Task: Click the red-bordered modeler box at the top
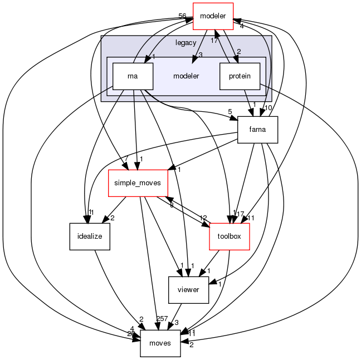click(x=213, y=16)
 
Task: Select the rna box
click(x=133, y=76)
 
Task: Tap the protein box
click(x=240, y=76)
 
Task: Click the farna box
click(x=257, y=130)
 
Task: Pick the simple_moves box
click(x=138, y=183)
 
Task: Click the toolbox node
click(x=229, y=236)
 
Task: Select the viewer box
click(x=188, y=290)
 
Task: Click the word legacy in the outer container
click(x=186, y=43)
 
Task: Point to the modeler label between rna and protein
click(x=186, y=76)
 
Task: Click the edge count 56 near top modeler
click(x=182, y=15)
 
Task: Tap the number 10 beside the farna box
click(x=268, y=108)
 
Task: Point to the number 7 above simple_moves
click(x=126, y=159)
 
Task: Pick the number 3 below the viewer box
click(x=176, y=322)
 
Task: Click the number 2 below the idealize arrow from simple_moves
click(x=113, y=218)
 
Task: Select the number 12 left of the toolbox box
click(x=203, y=218)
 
